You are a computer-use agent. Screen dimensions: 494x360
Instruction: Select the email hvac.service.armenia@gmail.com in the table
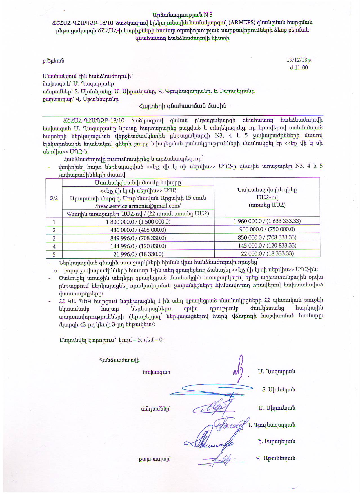click(138, 206)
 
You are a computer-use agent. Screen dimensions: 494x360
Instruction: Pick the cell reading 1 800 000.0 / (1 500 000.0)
click(138, 222)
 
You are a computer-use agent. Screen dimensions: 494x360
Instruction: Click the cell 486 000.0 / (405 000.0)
click(138, 230)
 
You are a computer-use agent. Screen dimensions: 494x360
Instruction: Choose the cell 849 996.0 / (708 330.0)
click(138, 238)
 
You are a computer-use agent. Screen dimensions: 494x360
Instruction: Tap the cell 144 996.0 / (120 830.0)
click(138, 246)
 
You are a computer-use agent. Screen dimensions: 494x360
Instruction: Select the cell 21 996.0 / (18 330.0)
click(138, 254)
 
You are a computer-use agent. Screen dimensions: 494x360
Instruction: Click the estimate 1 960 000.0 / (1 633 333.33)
click(267, 221)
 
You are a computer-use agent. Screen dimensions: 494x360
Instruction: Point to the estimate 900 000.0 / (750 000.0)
click(267, 229)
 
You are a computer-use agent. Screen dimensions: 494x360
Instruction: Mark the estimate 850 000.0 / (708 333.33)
click(267, 237)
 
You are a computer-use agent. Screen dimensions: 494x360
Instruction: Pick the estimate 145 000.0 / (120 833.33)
click(267, 246)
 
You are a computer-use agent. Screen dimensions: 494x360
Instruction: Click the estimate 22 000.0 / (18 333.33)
click(267, 253)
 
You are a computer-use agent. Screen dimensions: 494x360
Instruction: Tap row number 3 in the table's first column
click(54, 238)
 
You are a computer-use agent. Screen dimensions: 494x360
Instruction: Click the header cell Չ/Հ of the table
click(54, 198)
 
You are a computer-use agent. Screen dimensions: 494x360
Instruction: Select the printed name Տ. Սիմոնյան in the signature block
click(278, 390)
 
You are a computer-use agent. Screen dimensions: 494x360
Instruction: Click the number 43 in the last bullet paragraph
click(83, 325)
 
